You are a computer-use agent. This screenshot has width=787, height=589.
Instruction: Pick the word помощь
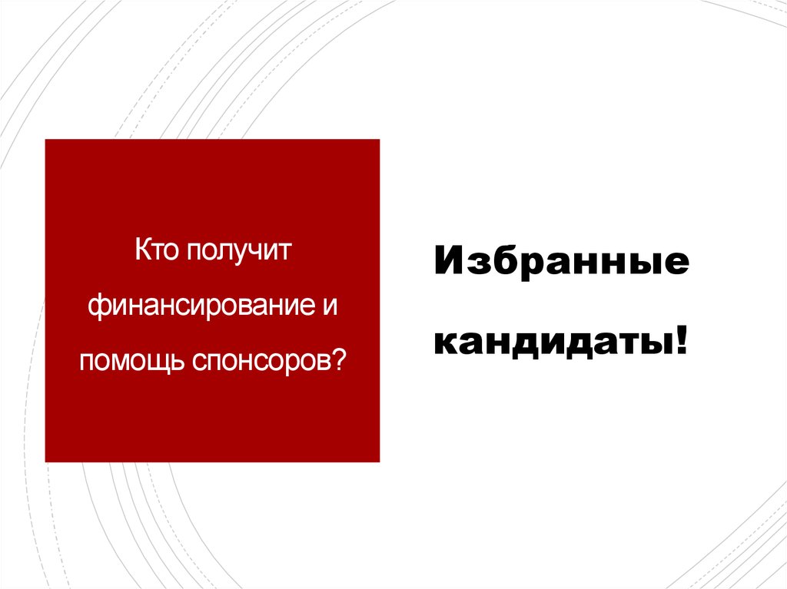(128, 359)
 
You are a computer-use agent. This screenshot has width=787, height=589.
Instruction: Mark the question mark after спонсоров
(338, 357)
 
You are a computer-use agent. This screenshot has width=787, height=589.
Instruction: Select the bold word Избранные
(562, 263)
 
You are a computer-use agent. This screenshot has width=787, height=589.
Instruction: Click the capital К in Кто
(142, 251)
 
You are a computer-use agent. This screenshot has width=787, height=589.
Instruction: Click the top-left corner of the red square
(46, 140)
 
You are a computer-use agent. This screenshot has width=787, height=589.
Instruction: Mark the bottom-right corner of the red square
(380, 462)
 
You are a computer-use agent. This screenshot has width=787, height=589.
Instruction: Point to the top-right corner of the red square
(380, 140)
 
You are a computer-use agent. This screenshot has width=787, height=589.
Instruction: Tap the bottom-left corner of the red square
(46, 462)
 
